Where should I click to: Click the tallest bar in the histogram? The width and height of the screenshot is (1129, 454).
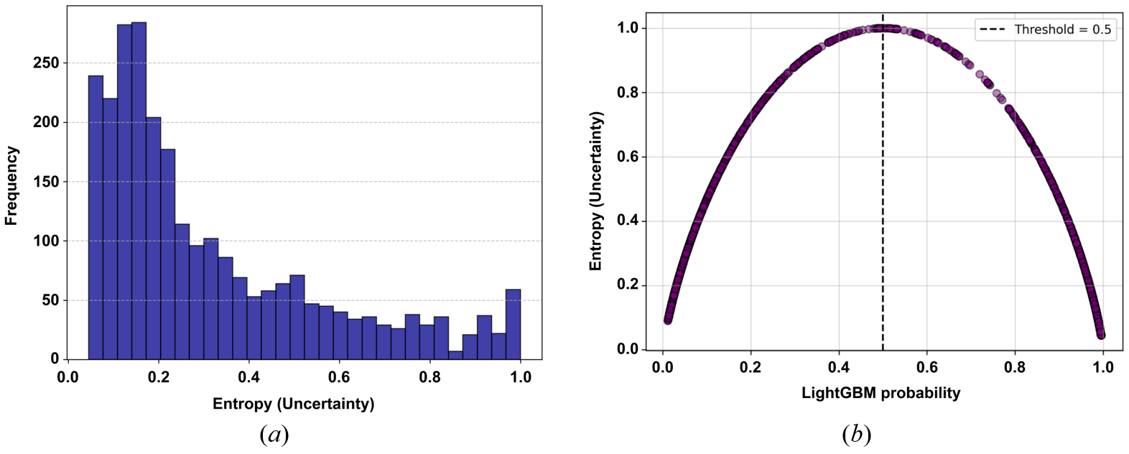coord(139,190)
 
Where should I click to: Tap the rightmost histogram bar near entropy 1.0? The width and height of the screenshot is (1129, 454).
coord(513,324)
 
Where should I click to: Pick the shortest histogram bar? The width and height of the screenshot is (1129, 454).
coord(455,355)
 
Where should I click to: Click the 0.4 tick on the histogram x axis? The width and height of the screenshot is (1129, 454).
coord(248,377)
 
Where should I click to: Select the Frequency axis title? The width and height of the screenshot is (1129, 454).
coord(11,185)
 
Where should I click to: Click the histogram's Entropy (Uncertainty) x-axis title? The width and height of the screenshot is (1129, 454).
coord(293,404)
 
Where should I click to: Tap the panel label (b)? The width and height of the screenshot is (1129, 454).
coord(856,435)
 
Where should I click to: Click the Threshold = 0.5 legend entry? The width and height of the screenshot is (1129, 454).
coord(1046,29)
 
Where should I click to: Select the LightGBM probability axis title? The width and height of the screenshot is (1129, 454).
coord(881,393)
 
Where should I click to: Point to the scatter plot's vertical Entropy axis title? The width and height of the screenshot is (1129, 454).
coord(595,190)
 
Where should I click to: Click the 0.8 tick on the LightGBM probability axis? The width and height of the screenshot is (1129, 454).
coord(1015,368)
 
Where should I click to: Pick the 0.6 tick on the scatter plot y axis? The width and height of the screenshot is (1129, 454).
coord(627,157)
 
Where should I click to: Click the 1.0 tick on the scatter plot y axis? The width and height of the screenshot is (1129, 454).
coord(627,28)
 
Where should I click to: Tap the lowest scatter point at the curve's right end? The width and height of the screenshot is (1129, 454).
coord(1101,335)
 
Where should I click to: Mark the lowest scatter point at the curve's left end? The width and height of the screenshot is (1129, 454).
coord(668,320)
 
